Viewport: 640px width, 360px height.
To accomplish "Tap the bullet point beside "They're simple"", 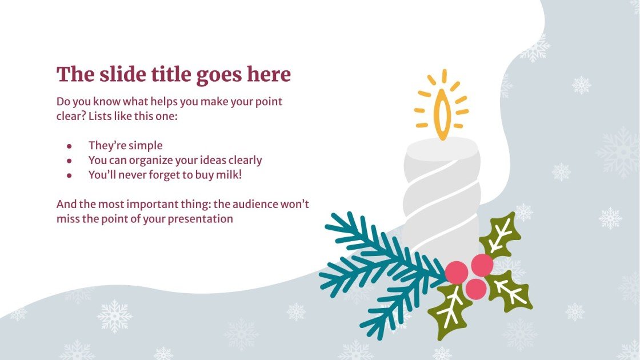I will click(x=69, y=146).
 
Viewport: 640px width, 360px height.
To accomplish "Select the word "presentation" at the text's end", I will click(x=201, y=218).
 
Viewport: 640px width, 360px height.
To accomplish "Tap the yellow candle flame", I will click(x=441, y=114).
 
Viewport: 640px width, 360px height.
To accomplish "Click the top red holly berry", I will click(x=482, y=265).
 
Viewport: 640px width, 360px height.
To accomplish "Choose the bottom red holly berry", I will click(x=476, y=289).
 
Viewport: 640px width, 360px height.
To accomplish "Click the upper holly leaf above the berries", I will click(x=501, y=235).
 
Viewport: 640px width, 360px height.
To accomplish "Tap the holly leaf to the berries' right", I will click(x=510, y=291).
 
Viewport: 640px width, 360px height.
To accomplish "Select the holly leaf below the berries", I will click(x=450, y=311).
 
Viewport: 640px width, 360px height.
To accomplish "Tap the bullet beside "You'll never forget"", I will click(x=69, y=175).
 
